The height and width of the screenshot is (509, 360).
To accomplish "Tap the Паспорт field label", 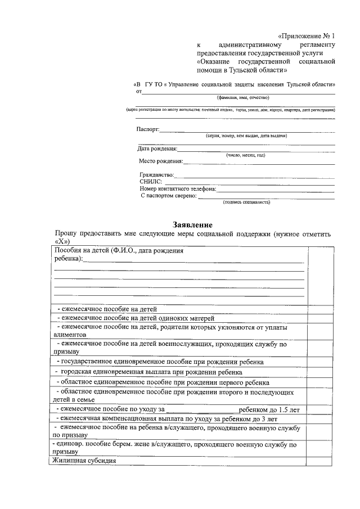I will [x=148, y=129].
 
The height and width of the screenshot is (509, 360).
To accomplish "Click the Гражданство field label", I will [x=157, y=175].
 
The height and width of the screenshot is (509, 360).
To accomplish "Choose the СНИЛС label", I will [x=150, y=182].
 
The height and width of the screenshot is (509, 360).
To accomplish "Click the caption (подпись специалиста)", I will [x=246, y=202].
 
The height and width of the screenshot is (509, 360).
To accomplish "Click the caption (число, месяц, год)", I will [x=245, y=155].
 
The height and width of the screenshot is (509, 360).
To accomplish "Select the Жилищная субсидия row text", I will [x=84, y=461].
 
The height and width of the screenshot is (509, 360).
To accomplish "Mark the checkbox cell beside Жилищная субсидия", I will [x=319, y=461].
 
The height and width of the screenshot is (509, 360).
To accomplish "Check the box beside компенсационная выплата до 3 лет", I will [x=319, y=419].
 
